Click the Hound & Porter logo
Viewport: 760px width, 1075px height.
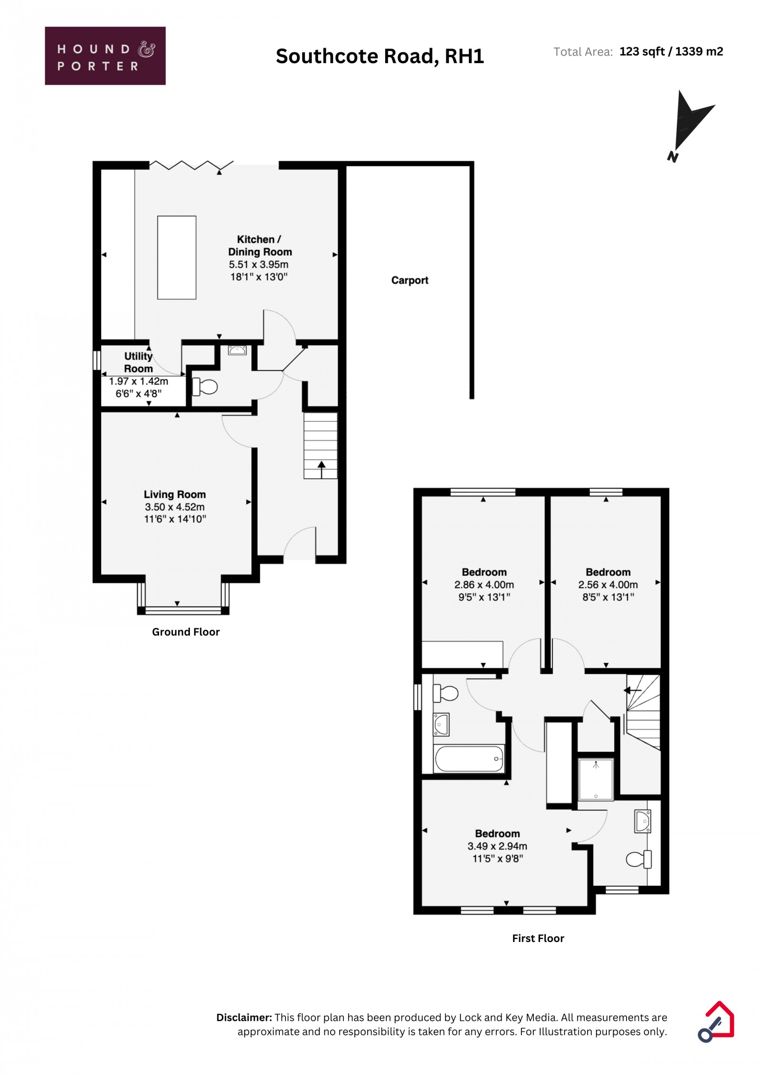tap(105, 56)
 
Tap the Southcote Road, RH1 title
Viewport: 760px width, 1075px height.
tap(380, 57)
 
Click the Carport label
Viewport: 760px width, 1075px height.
tap(409, 280)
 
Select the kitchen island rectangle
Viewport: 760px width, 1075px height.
tap(177, 257)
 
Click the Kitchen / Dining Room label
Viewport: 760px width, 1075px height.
tap(259, 246)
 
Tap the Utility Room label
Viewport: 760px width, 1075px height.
tap(138, 362)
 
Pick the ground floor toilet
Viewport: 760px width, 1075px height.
tap(205, 387)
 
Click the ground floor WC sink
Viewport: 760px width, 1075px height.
tap(237, 351)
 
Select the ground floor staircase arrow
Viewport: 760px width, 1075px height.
tap(321, 469)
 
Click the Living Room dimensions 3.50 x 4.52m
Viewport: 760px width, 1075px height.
tap(175, 507)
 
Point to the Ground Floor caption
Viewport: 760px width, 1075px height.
tap(186, 632)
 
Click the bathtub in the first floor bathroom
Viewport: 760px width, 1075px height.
tap(469, 759)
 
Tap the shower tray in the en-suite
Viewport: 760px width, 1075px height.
tap(596, 780)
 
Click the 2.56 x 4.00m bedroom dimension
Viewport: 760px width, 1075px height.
tap(608, 585)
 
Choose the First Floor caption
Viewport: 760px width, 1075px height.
tap(538, 938)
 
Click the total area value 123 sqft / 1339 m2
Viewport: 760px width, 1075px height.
tap(671, 51)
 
